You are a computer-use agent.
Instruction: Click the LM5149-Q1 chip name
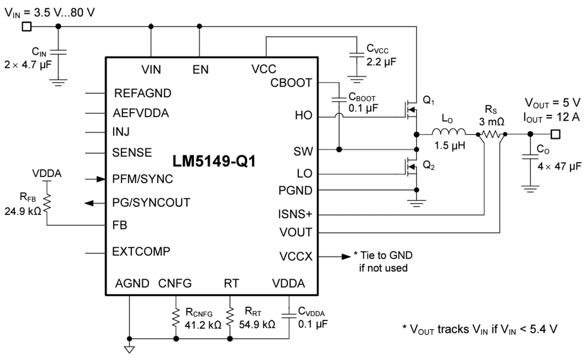214,161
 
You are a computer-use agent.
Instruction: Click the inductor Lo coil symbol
448,133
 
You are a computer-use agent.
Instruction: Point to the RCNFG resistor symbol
175,318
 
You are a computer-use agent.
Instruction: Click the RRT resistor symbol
230,318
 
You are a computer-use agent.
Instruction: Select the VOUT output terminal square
555,133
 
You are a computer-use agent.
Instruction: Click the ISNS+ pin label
295,215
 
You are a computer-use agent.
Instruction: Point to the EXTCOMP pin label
141,252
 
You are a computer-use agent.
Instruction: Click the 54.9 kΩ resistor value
257,324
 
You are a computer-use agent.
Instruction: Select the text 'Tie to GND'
383,256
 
